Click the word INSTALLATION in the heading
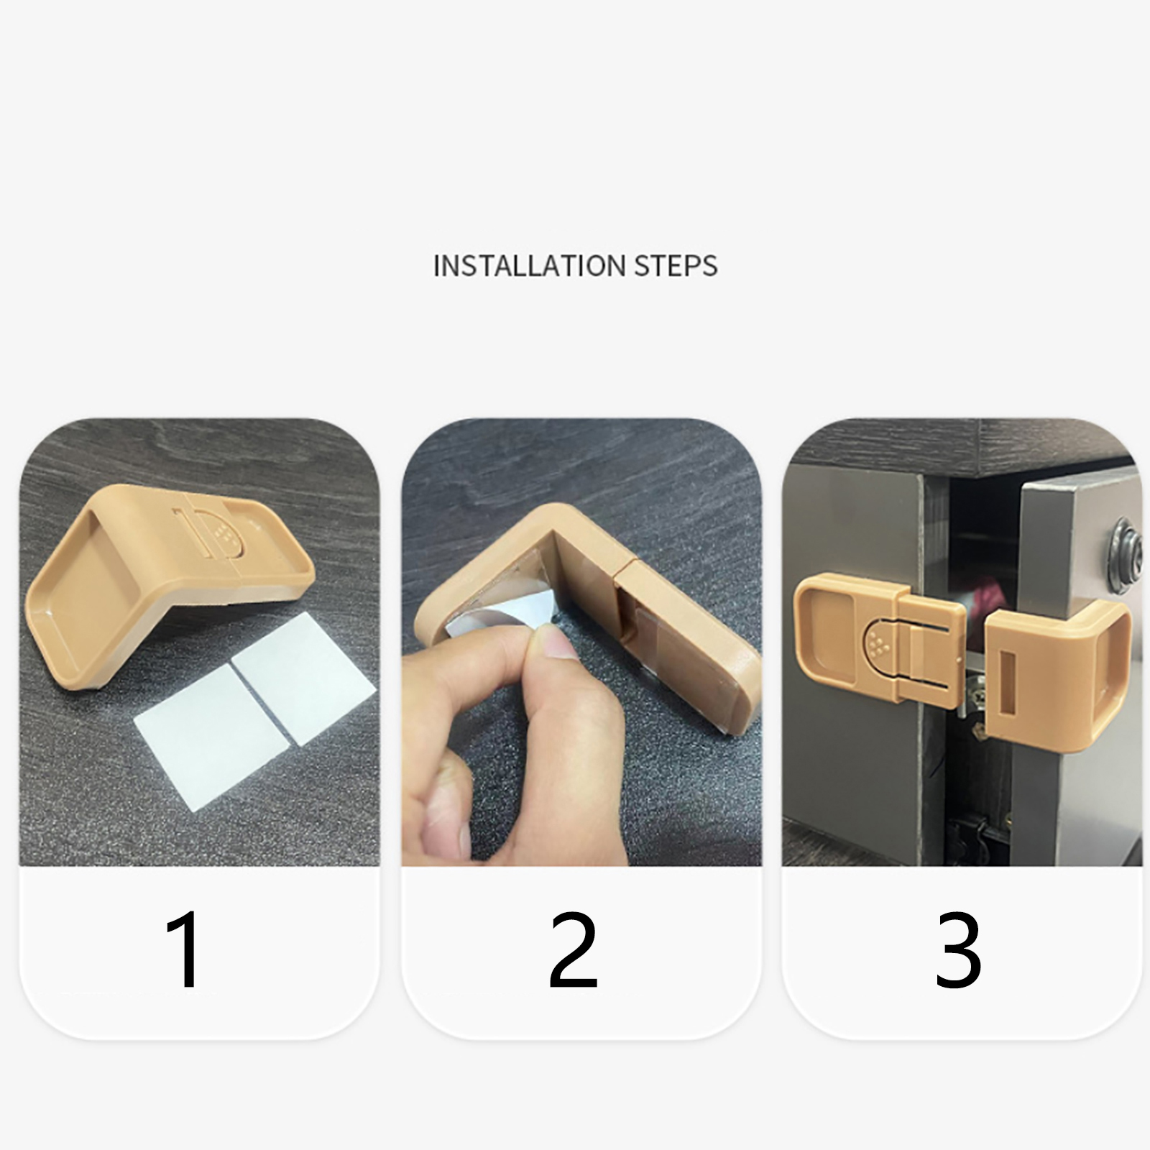[x=529, y=266]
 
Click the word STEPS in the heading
[x=676, y=266]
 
